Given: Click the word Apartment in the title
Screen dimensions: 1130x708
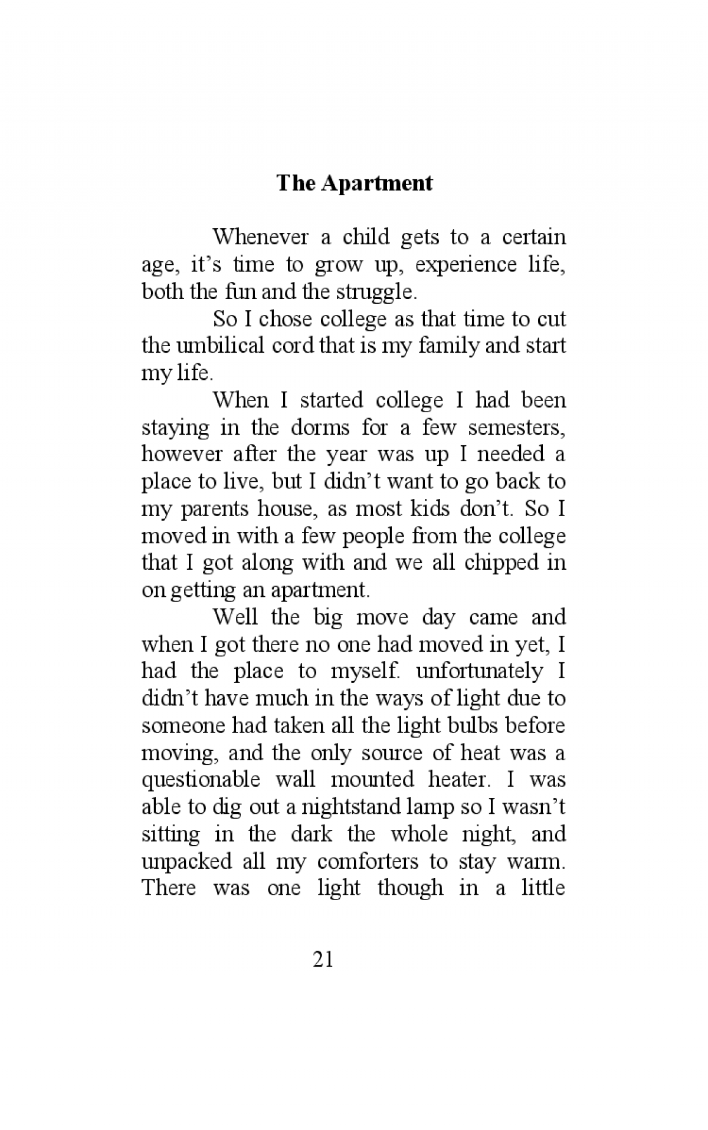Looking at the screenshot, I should [x=377, y=183].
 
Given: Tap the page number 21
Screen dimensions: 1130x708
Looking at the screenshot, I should [x=323, y=960].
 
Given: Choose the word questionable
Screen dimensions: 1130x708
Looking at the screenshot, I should [x=201, y=780].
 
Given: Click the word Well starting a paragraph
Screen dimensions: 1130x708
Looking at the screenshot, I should [x=235, y=617].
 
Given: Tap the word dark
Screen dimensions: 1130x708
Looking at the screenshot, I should [x=311, y=834].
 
